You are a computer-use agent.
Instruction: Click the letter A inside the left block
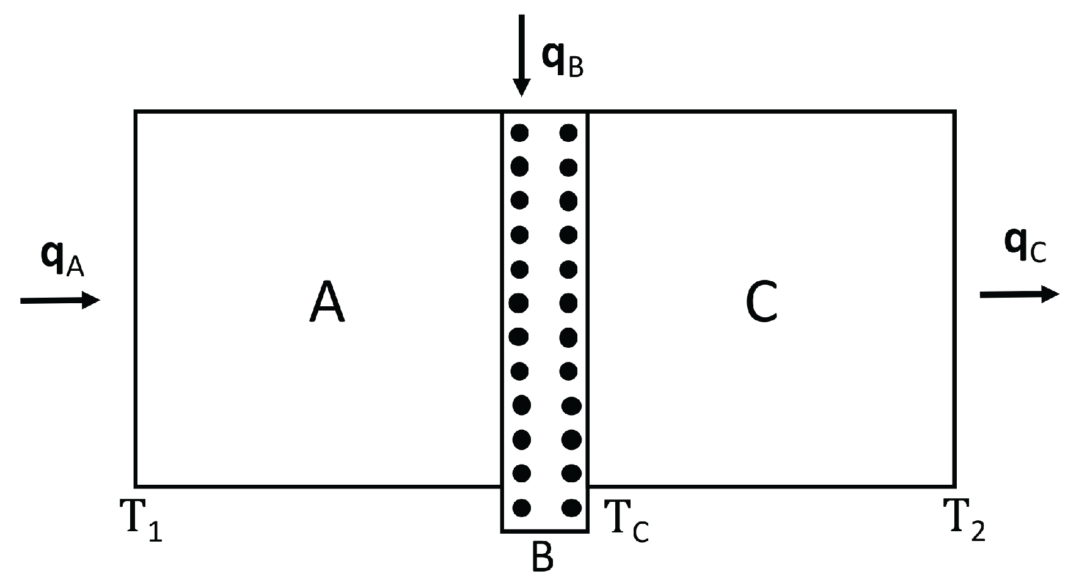click(x=327, y=303)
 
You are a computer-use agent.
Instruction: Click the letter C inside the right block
click(x=761, y=303)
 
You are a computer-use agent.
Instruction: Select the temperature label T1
click(x=144, y=520)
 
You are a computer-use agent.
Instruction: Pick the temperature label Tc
click(x=626, y=521)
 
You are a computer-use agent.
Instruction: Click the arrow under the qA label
click(x=60, y=300)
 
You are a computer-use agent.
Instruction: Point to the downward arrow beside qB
click(x=521, y=55)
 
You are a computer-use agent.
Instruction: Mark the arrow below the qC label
click(x=1019, y=294)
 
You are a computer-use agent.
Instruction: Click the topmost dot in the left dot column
click(x=519, y=132)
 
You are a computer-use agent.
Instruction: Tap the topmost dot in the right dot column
click(x=569, y=132)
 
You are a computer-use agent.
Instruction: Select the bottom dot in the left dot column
click(x=521, y=507)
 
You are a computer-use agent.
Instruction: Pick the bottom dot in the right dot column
click(x=571, y=507)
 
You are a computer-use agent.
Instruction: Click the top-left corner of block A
click(x=136, y=112)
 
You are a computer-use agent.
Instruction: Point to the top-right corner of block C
click(x=954, y=112)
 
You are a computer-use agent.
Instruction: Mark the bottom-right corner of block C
click(x=954, y=487)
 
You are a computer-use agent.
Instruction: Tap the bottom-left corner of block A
click(x=136, y=487)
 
